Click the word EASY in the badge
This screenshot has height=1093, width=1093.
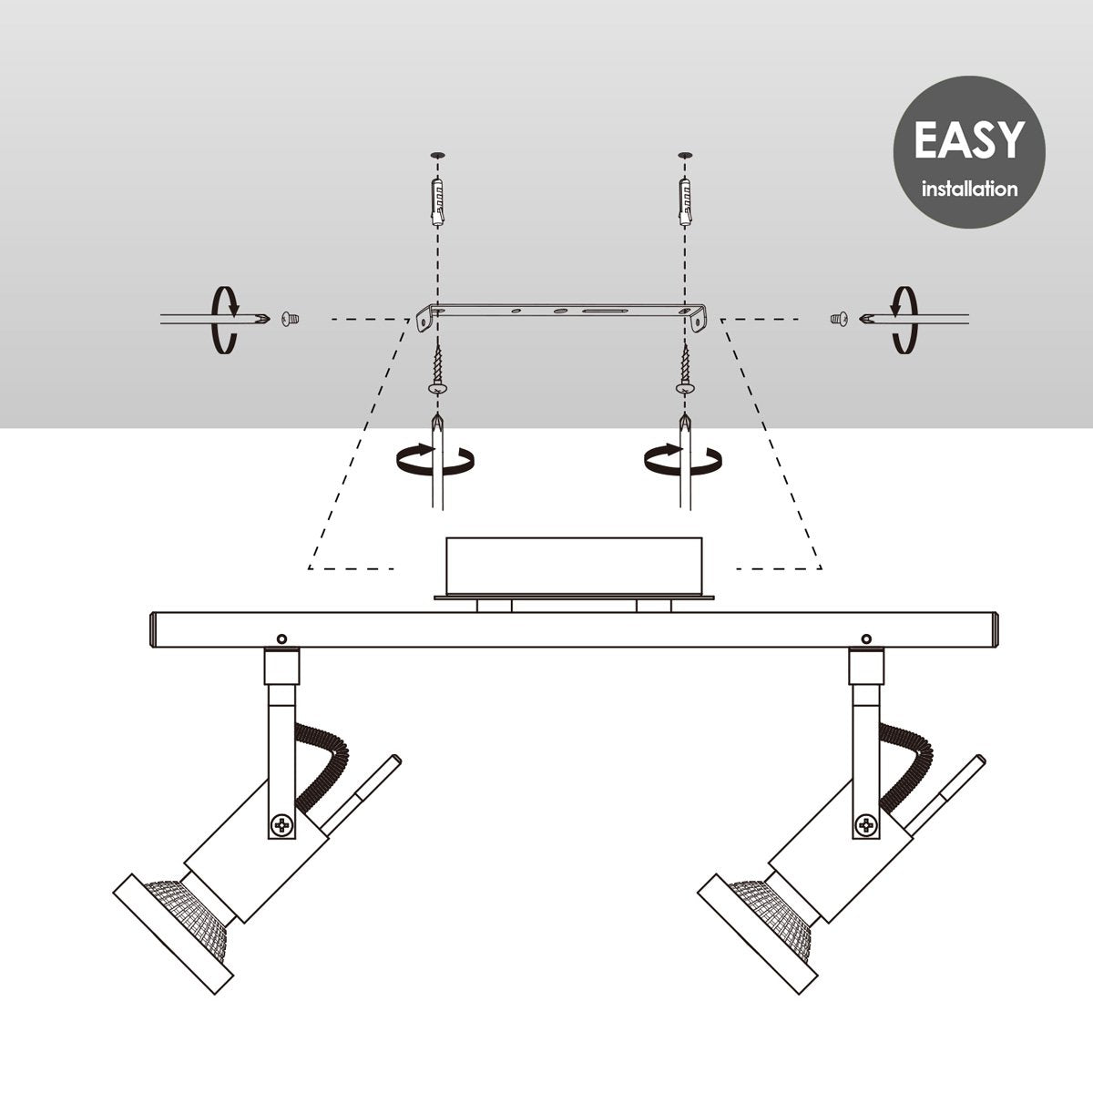(969, 139)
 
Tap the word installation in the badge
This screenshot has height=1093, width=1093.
(969, 189)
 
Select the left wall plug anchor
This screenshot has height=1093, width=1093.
(437, 202)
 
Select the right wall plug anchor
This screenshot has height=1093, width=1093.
(686, 202)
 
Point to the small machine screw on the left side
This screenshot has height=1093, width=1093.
(290, 320)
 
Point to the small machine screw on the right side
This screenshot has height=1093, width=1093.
(839, 320)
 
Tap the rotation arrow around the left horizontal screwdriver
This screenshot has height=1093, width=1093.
(225, 320)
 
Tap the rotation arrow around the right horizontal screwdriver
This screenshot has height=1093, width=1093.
(904, 320)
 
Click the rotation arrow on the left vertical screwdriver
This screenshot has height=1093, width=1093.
(435, 458)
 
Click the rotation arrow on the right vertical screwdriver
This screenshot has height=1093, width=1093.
(683, 458)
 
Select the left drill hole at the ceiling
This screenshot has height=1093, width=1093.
(437, 155)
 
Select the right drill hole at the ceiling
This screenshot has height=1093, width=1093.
(686, 155)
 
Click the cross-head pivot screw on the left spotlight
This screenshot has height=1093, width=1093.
(281, 823)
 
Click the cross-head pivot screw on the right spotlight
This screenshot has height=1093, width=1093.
(866, 823)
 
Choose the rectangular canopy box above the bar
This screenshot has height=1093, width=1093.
(574, 565)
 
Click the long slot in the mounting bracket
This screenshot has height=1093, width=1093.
(605, 311)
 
